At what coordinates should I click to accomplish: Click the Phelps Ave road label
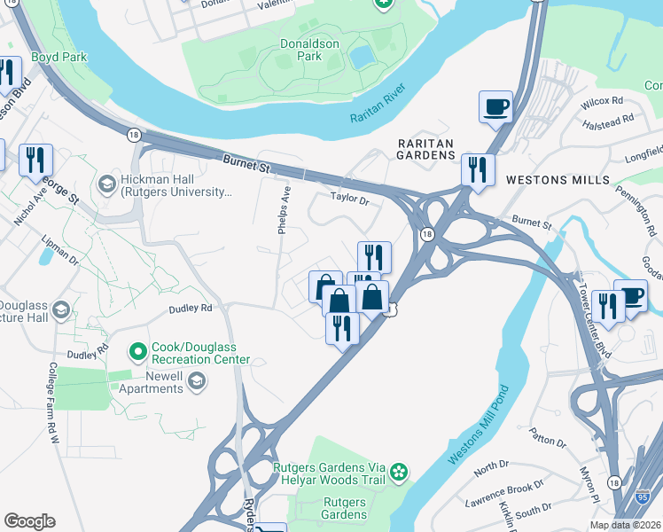click(285, 209)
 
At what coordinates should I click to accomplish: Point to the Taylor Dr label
click(348, 199)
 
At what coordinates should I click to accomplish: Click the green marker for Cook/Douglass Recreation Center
click(137, 353)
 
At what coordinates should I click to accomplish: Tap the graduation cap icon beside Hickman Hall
click(106, 184)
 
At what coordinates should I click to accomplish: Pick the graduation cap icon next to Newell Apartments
click(196, 382)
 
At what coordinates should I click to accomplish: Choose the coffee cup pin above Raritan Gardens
click(495, 106)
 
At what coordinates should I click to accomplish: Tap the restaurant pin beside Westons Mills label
click(478, 169)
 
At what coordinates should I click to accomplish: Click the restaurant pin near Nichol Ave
click(35, 160)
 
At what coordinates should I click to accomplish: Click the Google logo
click(29, 521)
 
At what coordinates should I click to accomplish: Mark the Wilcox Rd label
click(602, 103)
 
